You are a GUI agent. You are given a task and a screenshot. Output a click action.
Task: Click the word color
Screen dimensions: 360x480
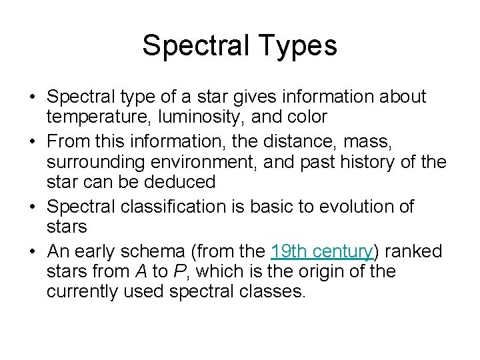(306, 117)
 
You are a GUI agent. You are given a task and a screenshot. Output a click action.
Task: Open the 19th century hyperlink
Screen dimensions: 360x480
(321, 251)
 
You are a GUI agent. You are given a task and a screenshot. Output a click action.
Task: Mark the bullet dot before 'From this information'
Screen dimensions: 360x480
(33, 142)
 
